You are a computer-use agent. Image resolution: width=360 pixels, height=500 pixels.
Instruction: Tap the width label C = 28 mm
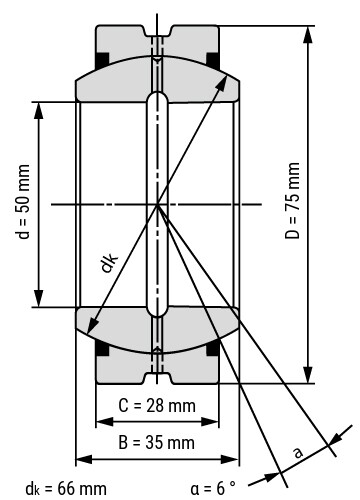pos(157,406)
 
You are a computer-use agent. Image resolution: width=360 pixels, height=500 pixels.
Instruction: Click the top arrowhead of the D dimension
pos(307,32)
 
